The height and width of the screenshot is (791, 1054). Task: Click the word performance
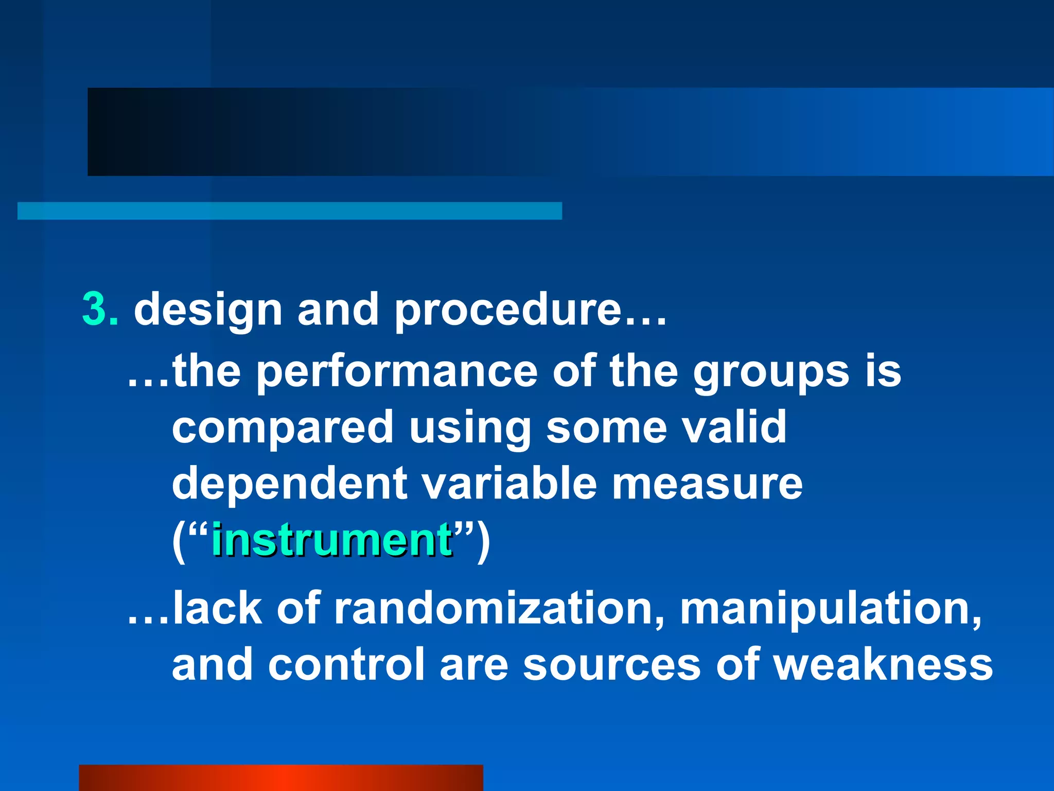(396, 372)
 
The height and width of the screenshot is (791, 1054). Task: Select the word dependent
(289, 484)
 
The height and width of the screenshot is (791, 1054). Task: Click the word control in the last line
(346, 664)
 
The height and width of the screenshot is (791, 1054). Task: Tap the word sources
(611, 665)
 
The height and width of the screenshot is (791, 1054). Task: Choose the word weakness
(883, 664)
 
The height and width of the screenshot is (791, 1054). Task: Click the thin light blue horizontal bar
(289, 211)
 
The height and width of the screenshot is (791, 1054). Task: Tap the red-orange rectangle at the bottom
(280, 778)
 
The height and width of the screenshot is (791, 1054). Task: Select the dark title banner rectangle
(319, 132)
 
